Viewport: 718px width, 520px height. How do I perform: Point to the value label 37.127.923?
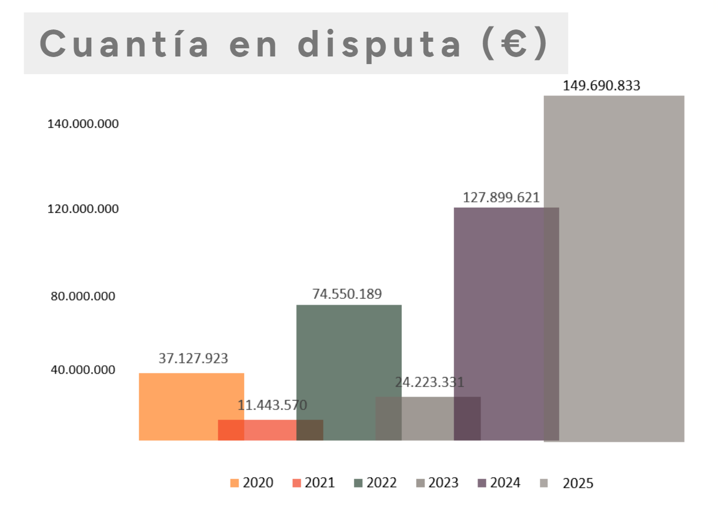click(x=193, y=358)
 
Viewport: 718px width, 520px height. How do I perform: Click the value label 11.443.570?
click(x=272, y=405)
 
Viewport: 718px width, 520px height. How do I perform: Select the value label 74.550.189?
click(x=347, y=294)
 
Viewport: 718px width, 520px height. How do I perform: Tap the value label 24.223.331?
click(x=429, y=382)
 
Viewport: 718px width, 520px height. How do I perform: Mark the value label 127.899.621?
click(x=501, y=198)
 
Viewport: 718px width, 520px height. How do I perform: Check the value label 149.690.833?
click(x=601, y=86)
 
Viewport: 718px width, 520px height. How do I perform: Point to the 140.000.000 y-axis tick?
click(x=83, y=124)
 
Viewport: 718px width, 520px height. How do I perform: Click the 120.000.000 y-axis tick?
click(x=83, y=209)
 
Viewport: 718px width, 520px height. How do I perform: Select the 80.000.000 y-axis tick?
click(x=83, y=296)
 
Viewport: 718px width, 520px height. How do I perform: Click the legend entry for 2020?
click(x=252, y=483)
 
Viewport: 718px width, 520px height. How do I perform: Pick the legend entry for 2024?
click(x=499, y=483)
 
